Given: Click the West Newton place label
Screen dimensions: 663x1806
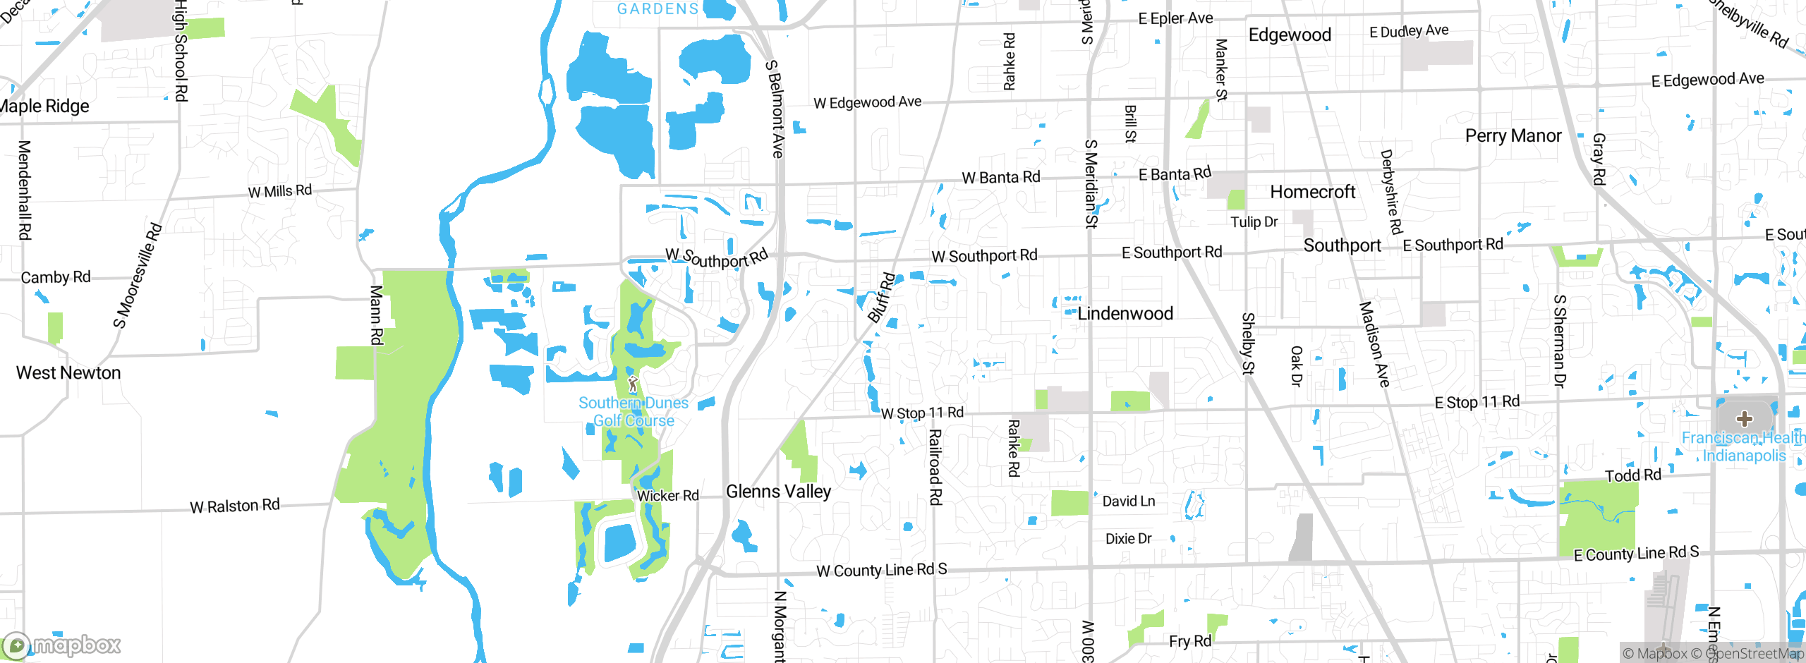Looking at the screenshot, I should [x=68, y=372].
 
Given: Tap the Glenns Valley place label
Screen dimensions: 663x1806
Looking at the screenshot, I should [x=778, y=492].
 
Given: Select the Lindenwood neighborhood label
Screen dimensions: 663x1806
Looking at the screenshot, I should [x=1125, y=314].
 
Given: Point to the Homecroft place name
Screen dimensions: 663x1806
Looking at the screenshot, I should [x=1312, y=192].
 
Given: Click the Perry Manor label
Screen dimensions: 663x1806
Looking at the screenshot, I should [x=1513, y=135].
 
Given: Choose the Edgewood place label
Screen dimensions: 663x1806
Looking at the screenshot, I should [x=1290, y=35].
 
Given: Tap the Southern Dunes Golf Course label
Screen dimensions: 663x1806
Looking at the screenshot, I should [x=634, y=412].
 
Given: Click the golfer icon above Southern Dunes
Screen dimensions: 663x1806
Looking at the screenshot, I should [x=633, y=384].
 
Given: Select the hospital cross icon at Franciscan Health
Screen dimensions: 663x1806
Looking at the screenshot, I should [x=1744, y=419].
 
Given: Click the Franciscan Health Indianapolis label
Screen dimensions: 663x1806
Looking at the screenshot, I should [x=1743, y=446].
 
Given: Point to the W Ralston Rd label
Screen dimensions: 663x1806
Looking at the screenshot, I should [x=234, y=506].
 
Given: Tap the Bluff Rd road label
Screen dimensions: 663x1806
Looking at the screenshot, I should [x=882, y=298].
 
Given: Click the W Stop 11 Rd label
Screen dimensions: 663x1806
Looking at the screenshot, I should [x=922, y=413].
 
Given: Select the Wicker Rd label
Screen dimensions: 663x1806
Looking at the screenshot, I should [x=667, y=496].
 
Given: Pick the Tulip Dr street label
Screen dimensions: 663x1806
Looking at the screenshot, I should [x=1254, y=222].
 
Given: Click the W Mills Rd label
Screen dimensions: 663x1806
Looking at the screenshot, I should [x=279, y=191].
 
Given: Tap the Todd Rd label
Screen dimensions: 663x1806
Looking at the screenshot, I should [x=1632, y=475].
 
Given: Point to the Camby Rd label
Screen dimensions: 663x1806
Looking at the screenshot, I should [x=56, y=277].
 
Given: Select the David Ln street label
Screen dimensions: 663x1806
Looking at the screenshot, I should [x=1128, y=501].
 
